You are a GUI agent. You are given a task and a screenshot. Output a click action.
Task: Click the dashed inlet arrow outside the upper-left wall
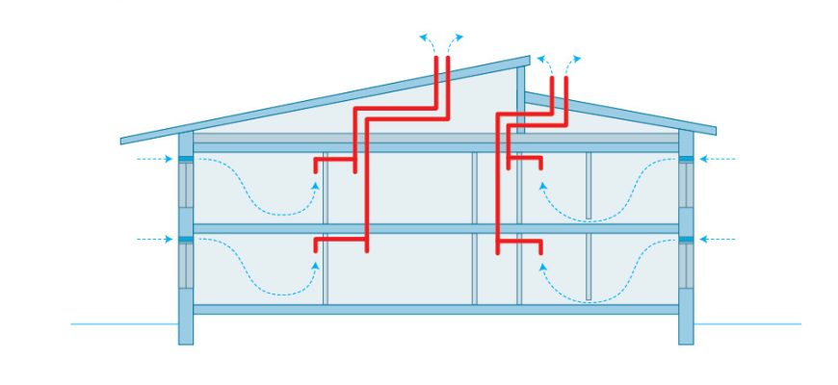pyautogui.click(x=154, y=158)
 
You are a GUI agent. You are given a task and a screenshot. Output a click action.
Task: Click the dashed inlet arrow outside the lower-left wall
pyautogui.click(x=154, y=239)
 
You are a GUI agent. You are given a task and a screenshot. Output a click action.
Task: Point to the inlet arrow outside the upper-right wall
pyautogui.click(x=718, y=158)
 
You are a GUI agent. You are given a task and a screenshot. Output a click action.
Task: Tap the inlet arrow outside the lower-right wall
pyautogui.click(x=718, y=239)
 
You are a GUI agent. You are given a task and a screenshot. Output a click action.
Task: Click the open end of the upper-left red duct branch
pyautogui.click(x=316, y=173)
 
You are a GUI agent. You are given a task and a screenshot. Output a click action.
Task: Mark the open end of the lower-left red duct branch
pyautogui.click(x=316, y=252)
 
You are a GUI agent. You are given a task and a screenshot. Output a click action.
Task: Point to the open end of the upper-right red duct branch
pyautogui.click(x=540, y=168)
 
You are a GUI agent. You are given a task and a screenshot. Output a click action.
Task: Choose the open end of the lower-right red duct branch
pyautogui.click(x=540, y=252)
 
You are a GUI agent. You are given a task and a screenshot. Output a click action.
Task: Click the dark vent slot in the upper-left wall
pyautogui.click(x=186, y=158)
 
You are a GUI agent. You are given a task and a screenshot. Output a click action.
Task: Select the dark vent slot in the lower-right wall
pyautogui.click(x=686, y=239)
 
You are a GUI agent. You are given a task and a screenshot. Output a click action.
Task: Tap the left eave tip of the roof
pyautogui.click(x=122, y=141)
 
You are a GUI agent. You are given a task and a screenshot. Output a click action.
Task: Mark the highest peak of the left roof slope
pyautogui.click(x=528, y=60)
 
